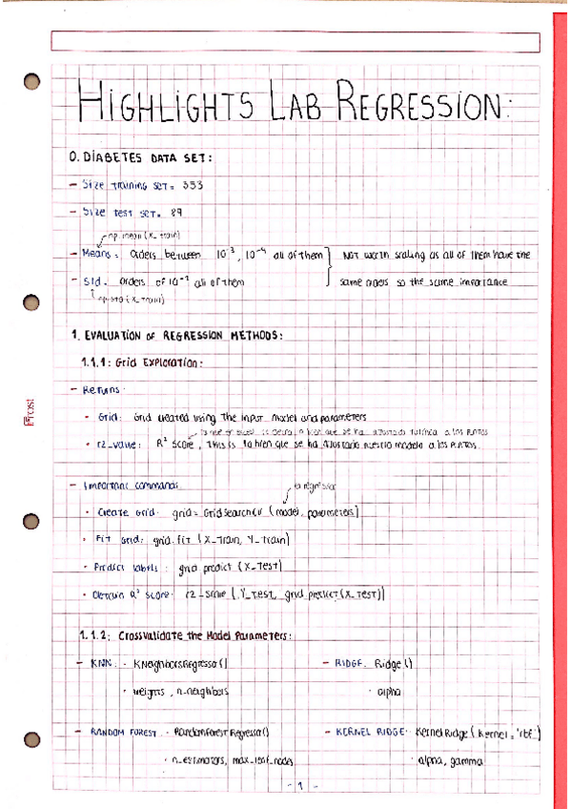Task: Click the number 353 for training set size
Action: click(x=192, y=183)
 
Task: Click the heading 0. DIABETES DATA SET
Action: click(x=143, y=156)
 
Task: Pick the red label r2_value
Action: click(x=119, y=445)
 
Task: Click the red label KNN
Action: click(x=100, y=662)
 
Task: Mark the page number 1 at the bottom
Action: click(x=298, y=787)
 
